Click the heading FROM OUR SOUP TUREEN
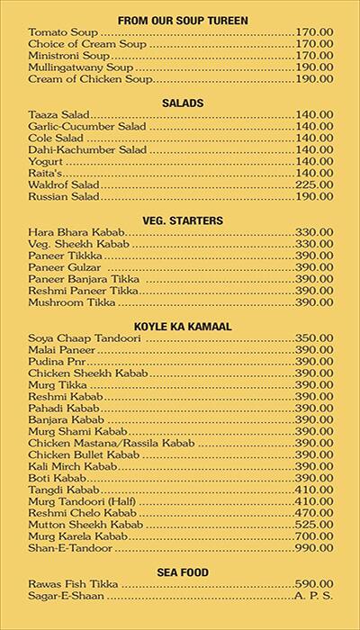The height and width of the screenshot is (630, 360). (183, 19)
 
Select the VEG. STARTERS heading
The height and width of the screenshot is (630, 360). (183, 220)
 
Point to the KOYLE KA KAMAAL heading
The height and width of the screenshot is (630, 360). (183, 325)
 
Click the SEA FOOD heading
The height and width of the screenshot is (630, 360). (183, 571)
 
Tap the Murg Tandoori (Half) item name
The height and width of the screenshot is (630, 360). (80, 500)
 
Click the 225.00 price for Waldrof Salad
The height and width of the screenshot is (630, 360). (314, 184)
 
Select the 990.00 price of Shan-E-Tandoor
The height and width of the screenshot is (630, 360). (314, 547)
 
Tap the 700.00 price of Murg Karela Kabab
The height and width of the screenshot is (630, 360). (314, 535)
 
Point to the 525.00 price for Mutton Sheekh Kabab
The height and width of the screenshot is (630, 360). (314, 524)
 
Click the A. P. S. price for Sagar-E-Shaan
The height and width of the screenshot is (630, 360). (314, 596)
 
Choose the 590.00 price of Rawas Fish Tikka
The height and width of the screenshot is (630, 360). (314, 584)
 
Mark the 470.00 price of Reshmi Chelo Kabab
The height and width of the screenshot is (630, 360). (314, 512)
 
